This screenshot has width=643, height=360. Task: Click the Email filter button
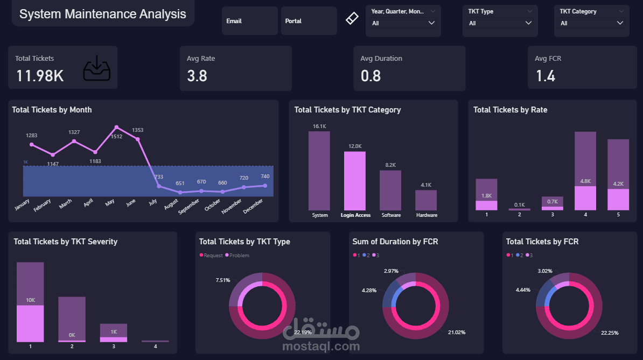(x=249, y=21)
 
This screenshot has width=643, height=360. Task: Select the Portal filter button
(x=309, y=21)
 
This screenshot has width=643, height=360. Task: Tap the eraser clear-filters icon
(x=351, y=19)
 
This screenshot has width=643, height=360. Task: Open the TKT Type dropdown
(x=499, y=23)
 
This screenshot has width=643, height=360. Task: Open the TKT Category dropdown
(x=591, y=23)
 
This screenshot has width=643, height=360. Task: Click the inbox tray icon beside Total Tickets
(x=97, y=68)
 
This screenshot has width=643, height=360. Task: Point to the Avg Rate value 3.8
(x=197, y=76)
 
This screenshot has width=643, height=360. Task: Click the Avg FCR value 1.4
(x=546, y=76)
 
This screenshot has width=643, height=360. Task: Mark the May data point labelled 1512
(x=116, y=128)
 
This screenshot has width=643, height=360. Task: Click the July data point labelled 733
(x=159, y=186)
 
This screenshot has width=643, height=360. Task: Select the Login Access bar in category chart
(x=355, y=180)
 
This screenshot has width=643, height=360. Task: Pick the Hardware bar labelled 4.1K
(x=426, y=200)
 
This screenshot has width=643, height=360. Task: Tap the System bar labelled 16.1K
(x=319, y=171)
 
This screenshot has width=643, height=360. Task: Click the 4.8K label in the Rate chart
(x=585, y=181)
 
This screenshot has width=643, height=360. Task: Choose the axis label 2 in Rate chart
(x=519, y=215)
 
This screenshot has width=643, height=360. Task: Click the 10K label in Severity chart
(x=30, y=300)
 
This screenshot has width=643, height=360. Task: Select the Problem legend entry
(x=239, y=255)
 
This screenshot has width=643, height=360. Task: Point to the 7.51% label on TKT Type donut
(x=223, y=280)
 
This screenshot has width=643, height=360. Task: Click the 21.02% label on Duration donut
(x=457, y=333)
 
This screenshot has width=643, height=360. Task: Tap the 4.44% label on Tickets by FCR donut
(x=523, y=290)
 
